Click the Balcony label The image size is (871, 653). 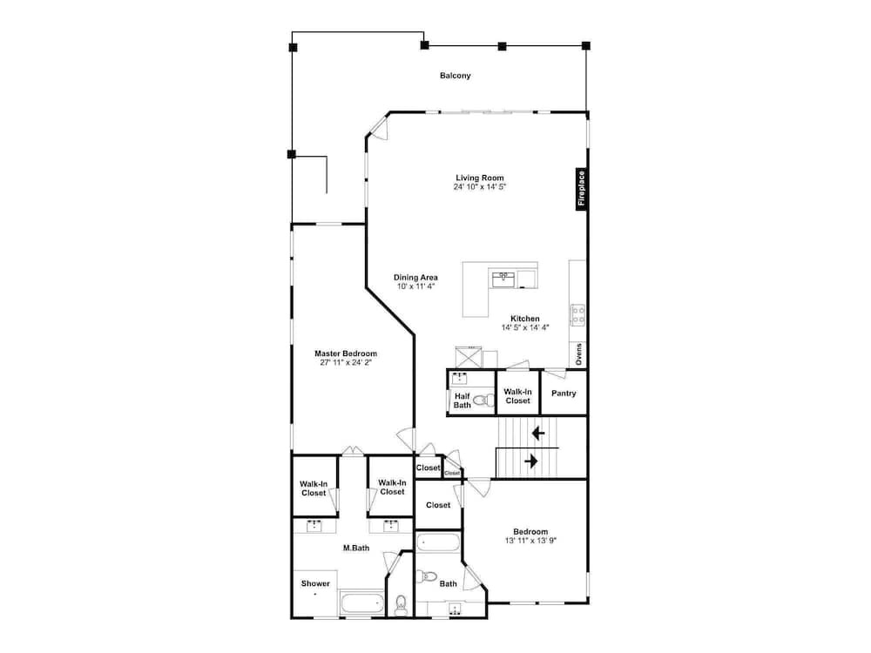click(x=455, y=76)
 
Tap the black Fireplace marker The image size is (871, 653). click(x=581, y=189)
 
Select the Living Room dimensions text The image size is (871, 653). click(x=479, y=187)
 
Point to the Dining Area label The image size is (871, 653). click(x=415, y=277)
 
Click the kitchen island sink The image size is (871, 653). click(x=503, y=279)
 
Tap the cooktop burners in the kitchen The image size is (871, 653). click(x=577, y=315)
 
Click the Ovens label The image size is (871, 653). click(x=579, y=354)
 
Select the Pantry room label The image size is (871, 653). click(x=564, y=394)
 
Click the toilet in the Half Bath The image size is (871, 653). click(x=483, y=400)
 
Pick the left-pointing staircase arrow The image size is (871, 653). click(x=537, y=433)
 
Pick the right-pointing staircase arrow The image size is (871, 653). click(x=531, y=461)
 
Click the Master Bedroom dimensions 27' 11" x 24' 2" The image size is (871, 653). click(x=346, y=362)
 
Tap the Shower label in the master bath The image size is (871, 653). click(x=315, y=583)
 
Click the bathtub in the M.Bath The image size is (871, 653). click(x=361, y=603)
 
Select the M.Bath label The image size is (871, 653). click(x=356, y=548)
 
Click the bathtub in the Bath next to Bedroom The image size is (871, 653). click(x=438, y=542)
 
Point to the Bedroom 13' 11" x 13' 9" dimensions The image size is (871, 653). click(x=530, y=541)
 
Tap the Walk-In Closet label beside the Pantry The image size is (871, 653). click(x=517, y=396)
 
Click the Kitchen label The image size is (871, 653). click(x=525, y=319)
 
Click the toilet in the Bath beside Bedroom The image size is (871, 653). click(x=427, y=576)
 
